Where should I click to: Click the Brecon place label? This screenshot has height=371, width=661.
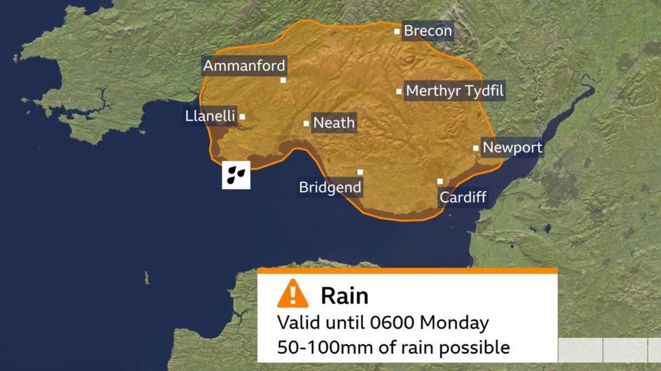[427, 31]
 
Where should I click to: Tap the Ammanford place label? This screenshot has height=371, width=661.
[244, 66]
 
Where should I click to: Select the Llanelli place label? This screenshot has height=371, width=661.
[210, 116]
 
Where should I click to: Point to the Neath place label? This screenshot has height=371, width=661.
[334, 123]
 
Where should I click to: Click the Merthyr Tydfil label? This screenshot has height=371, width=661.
[455, 91]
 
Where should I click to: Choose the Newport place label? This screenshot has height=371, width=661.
[512, 148]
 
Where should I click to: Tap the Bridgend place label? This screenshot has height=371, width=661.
[330, 188]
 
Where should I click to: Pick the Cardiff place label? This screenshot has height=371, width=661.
[463, 198]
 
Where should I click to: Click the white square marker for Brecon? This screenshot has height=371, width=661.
[398, 31]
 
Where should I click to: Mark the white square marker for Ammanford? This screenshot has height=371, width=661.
[283, 80]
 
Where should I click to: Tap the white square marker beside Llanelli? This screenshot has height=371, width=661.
[242, 116]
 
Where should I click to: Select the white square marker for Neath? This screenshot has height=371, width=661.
[306, 123]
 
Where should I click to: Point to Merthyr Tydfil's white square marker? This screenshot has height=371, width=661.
[399, 91]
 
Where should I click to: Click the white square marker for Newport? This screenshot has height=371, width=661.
[475, 148]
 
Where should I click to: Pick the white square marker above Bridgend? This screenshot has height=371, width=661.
[360, 172]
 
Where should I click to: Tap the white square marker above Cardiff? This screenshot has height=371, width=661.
[440, 181]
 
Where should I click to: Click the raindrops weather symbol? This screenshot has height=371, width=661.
[236, 175]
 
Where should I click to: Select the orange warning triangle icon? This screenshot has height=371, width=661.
[293, 294]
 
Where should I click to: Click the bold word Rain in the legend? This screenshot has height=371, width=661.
[345, 295]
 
